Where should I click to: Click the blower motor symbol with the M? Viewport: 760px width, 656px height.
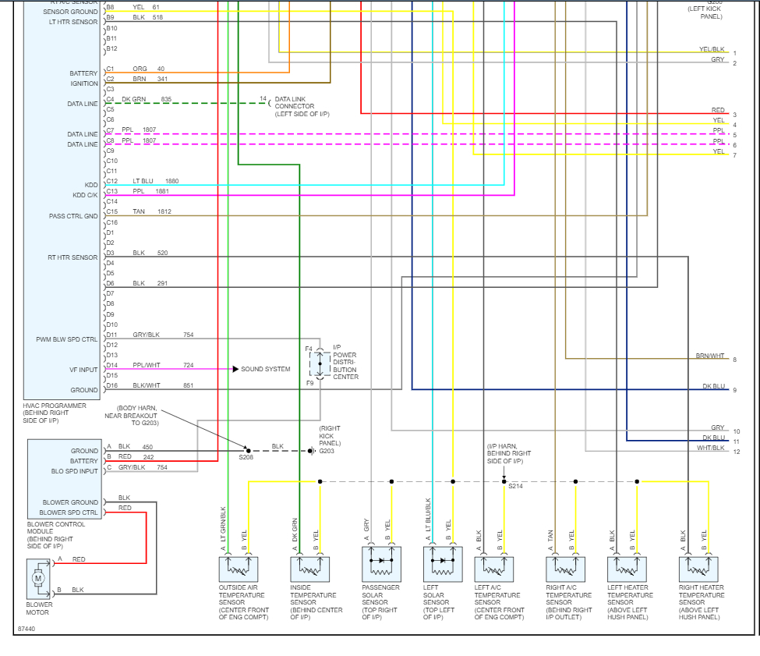pos(37,578)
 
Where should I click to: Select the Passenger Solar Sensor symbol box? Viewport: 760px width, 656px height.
pos(381,563)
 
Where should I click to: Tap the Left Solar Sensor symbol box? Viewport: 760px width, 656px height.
pos(442,563)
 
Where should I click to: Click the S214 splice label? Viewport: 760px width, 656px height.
pos(515,486)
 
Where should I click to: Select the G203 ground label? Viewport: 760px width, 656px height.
pos(327,451)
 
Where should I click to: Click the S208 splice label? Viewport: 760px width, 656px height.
pos(246,457)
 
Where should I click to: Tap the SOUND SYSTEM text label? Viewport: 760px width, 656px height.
pos(265,369)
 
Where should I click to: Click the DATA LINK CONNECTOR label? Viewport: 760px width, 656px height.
pos(295,106)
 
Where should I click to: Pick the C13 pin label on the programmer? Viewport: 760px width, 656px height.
pos(111,191)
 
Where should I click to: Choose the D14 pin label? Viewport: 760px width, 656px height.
pos(111,365)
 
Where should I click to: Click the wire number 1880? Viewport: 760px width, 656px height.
pos(171,181)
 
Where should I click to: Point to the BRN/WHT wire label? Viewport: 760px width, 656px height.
pos(710,356)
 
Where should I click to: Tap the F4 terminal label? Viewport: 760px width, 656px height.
pos(309,349)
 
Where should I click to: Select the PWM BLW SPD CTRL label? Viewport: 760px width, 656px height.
pos(67,339)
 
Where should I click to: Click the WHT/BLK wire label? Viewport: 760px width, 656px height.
pos(710,448)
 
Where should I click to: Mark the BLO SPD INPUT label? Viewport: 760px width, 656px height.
pos(74,471)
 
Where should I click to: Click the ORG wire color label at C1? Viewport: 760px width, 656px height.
pos(140,69)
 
